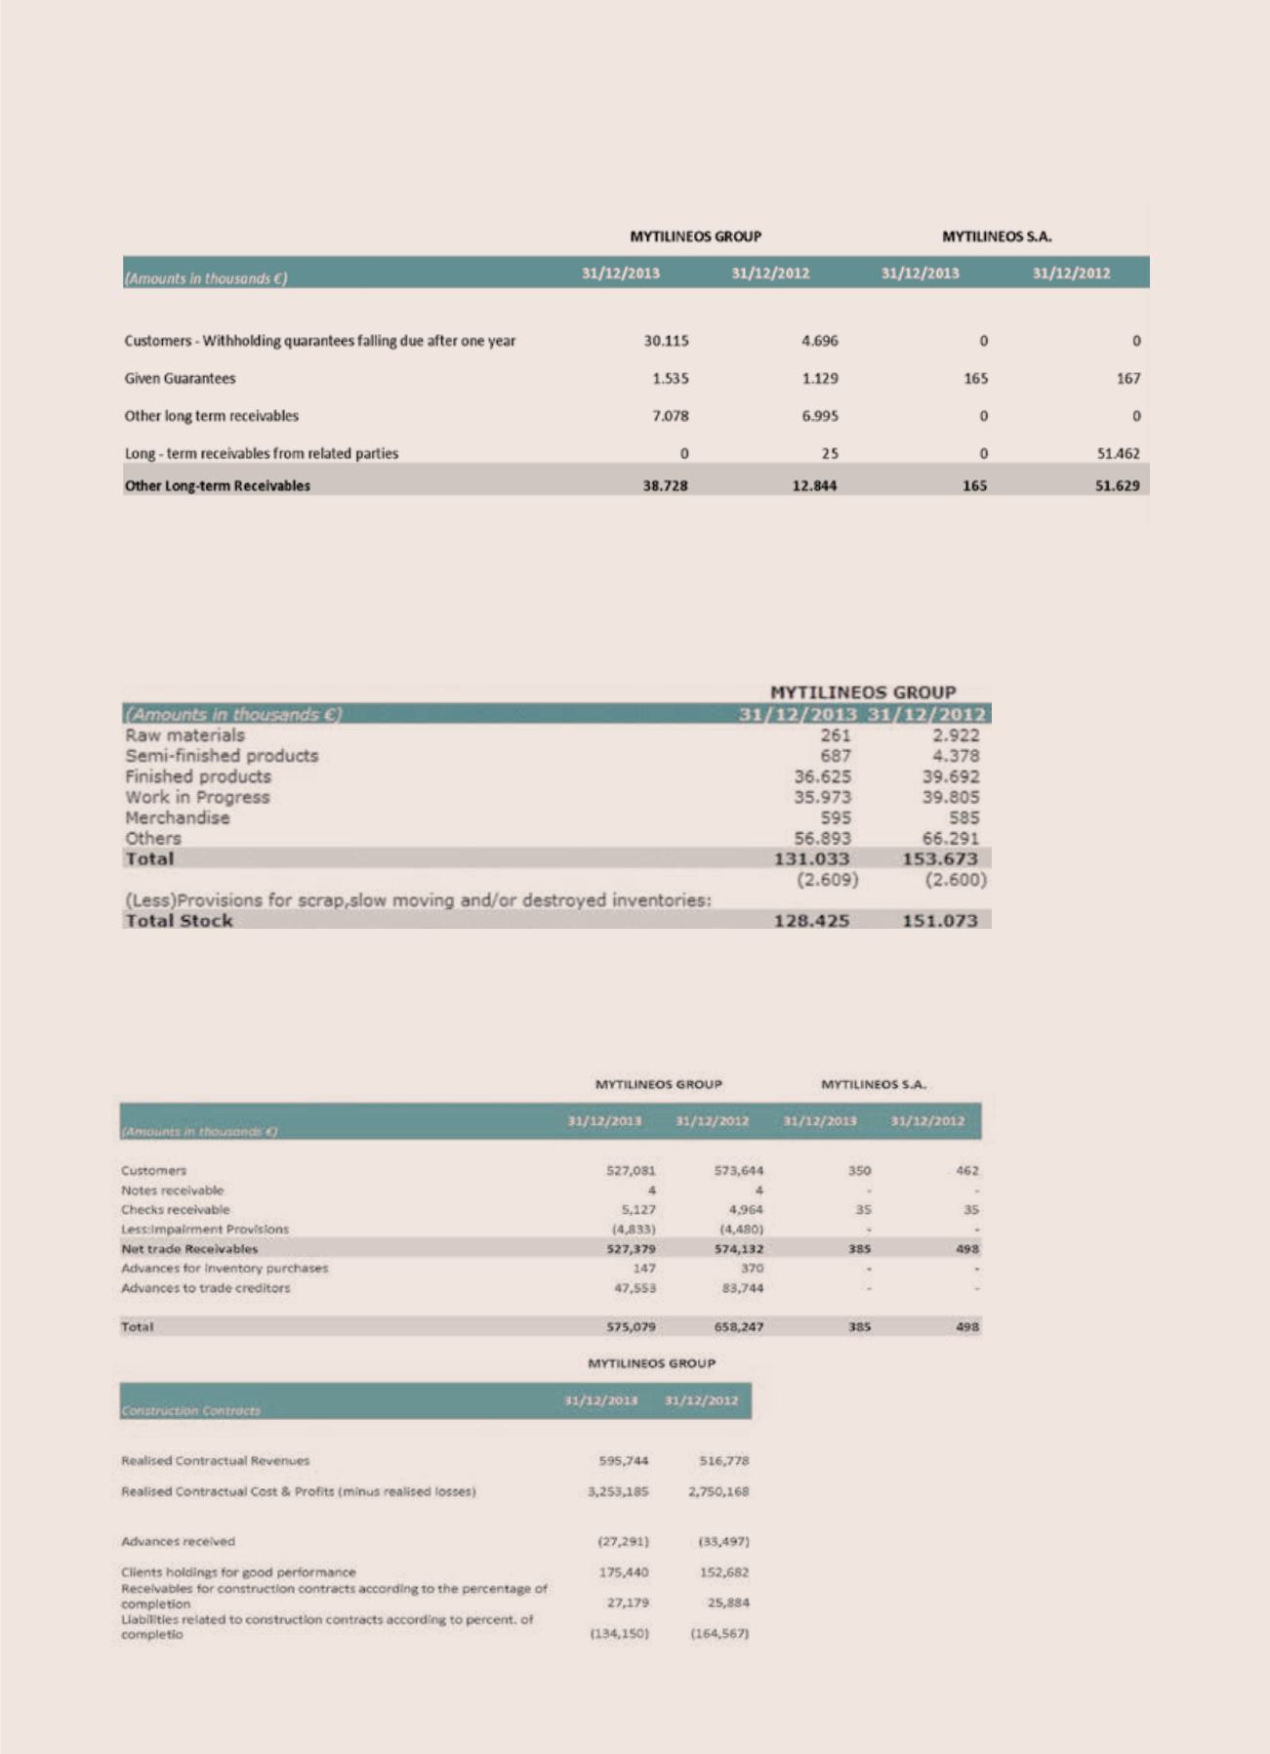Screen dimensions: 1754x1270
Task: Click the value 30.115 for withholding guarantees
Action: (x=666, y=341)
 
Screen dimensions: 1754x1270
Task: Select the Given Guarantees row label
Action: (x=180, y=378)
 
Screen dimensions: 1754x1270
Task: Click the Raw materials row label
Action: (x=184, y=735)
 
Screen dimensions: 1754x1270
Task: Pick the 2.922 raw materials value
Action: (x=956, y=735)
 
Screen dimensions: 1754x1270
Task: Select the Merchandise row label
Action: (x=177, y=817)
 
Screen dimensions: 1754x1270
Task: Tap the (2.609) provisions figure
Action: (x=826, y=880)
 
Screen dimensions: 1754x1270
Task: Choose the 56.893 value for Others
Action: (x=824, y=838)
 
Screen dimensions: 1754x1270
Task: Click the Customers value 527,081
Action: (x=631, y=1170)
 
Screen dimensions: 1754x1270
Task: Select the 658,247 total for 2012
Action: (x=738, y=1327)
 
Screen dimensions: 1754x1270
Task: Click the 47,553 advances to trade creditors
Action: (x=633, y=1288)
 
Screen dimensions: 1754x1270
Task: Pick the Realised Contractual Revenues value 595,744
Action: (x=624, y=1461)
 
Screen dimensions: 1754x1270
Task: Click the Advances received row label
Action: (x=178, y=1541)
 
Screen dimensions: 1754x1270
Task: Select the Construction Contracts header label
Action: (x=190, y=1411)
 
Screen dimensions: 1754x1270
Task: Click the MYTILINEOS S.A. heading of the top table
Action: (x=996, y=236)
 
